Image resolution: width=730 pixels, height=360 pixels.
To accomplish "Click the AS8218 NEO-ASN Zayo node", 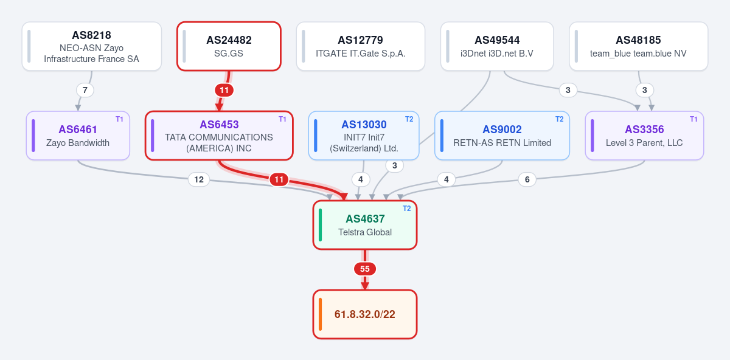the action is [x=92, y=46].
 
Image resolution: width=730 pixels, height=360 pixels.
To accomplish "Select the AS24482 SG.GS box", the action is [x=229, y=46].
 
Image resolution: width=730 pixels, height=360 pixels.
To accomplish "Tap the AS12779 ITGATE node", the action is [x=360, y=46].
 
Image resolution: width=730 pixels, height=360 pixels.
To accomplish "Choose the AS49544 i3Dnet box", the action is [x=497, y=46].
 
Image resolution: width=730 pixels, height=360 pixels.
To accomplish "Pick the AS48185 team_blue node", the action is [x=638, y=46].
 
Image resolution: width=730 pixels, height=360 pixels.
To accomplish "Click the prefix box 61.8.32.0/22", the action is [x=365, y=314].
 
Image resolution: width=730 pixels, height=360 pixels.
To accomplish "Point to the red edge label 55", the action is [x=365, y=269].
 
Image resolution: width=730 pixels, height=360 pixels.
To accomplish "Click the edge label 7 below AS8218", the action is [x=85, y=90].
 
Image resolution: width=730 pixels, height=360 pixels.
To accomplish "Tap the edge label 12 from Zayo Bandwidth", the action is [x=199, y=179].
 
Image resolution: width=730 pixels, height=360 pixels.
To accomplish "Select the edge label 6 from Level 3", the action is [x=527, y=179].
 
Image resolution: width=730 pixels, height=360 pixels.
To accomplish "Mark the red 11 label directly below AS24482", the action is [x=224, y=90].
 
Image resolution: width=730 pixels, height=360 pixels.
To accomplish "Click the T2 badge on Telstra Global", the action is [x=406, y=209].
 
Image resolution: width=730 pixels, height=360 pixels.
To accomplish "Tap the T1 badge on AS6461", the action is [x=119, y=119].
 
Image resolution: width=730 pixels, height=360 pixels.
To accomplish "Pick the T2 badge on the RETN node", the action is [x=559, y=119].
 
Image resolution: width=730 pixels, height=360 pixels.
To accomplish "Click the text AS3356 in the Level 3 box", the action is [x=644, y=130].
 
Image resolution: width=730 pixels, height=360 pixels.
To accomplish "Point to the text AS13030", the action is [x=364, y=125].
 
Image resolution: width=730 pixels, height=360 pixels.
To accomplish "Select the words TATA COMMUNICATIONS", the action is [x=219, y=137].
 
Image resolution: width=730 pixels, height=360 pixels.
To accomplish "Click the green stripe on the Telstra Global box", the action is [x=321, y=225].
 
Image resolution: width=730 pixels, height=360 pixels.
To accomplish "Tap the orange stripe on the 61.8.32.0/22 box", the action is [x=321, y=314].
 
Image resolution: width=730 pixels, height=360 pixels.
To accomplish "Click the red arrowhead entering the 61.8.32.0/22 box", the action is [x=365, y=286].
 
